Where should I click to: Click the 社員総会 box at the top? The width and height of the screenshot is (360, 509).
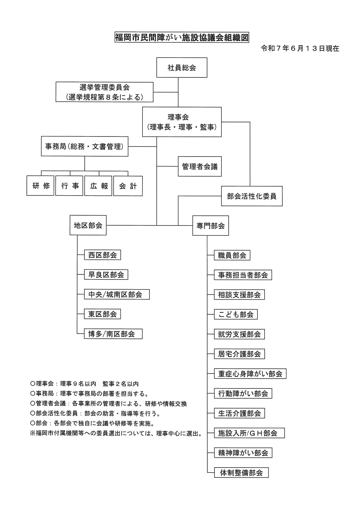(182, 67)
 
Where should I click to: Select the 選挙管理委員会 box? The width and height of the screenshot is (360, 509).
(104, 92)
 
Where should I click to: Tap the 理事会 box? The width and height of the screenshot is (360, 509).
(182, 122)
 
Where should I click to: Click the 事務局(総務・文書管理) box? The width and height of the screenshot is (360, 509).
(85, 146)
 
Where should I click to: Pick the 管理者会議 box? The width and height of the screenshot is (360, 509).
(200, 166)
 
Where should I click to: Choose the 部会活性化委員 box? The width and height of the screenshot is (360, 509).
(252, 196)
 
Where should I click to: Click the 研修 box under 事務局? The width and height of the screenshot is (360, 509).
(40, 186)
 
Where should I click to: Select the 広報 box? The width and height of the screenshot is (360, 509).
(98, 186)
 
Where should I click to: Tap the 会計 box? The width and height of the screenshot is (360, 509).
(128, 186)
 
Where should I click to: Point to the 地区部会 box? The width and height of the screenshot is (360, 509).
(88, 225)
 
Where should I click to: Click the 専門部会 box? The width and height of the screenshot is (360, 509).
(211, 226)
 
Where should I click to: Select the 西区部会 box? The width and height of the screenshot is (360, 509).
(103, 255)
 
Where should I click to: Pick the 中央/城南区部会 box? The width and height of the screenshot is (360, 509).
(117, 294)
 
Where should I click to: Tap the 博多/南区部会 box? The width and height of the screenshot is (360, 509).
(113, 334)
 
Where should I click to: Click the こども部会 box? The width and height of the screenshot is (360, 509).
(236, 314)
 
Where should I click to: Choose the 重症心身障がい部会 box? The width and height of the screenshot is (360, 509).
(250, 374)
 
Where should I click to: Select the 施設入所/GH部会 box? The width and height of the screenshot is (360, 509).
(249, 433)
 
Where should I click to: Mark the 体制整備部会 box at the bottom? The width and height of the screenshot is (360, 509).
(241, 473)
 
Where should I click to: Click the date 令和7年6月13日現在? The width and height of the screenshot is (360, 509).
(300, 49)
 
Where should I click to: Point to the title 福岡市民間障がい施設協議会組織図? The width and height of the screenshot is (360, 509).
(182, 38)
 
